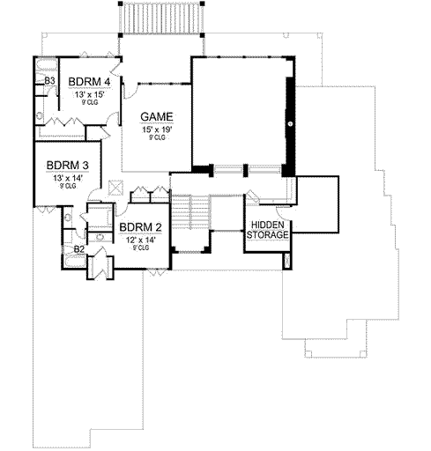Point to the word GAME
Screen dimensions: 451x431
click(x=157, y=117)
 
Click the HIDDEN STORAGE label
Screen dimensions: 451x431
click(x=267, y=229)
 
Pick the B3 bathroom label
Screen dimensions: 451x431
click(x=50, y=81)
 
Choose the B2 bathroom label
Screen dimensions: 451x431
click(x=78, y=249)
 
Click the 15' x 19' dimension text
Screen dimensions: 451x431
click(x=157, y=129)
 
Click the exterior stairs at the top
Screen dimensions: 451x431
click(x=160, y=17)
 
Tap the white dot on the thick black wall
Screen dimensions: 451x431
click(x=288, y=125)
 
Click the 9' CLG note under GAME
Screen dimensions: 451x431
click(x=157, y=138)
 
